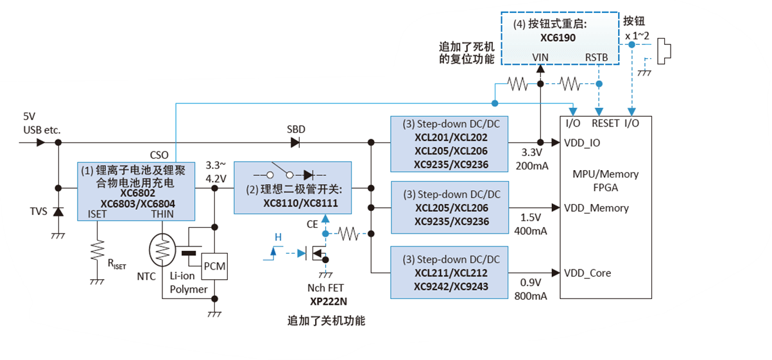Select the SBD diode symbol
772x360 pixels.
coord(296,142)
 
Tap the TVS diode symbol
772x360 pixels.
coord(58,211)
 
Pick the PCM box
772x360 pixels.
coord(214,266)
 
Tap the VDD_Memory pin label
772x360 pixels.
coord(597,208)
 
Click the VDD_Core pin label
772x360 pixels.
coord(588,273)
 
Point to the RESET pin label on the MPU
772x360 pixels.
coord(606,123)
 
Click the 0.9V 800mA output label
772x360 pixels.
coord(531,289)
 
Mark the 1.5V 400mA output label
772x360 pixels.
coord(531,224)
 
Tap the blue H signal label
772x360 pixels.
coord(278,237)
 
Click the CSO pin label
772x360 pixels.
coord(159,155)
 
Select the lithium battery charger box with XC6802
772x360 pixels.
coord(136,187)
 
